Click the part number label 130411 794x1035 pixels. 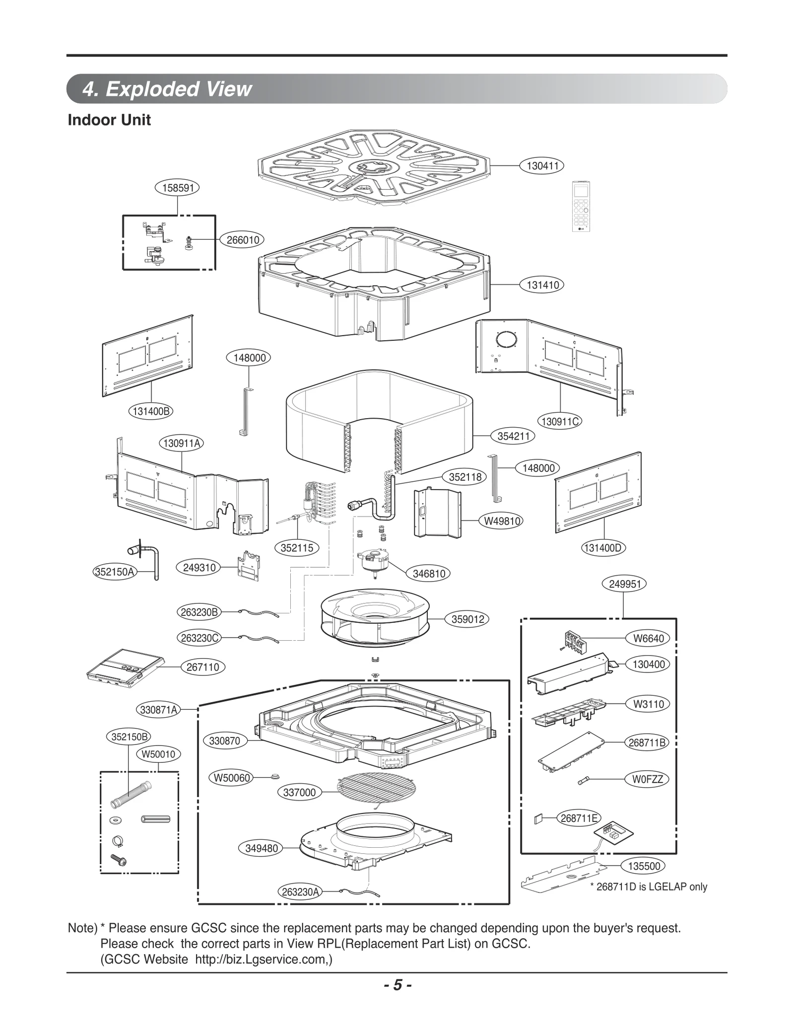tap(542, 166)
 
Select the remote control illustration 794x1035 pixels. tap(581, 206)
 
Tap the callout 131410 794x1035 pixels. tap(542, 285)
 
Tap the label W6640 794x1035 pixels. tap(648, 639)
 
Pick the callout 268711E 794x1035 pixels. tap(579, 818)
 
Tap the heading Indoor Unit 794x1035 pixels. tap(109, 120)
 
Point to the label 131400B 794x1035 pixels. tap(151, 411)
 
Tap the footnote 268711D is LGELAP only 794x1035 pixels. tap(648, 887)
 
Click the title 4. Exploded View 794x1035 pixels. tap(167, 89)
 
